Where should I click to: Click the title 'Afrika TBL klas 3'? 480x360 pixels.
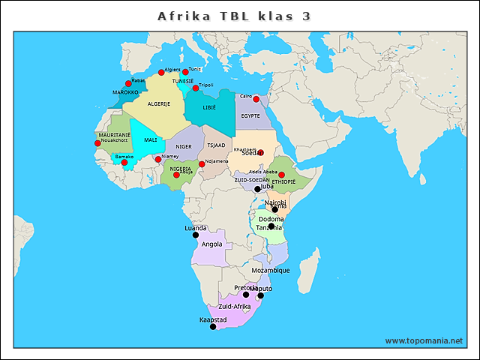pos(234,16)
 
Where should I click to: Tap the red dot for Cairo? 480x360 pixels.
pos(256,99)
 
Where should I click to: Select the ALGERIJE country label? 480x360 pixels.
pos(158,103)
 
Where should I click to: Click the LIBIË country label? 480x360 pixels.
pos(208,108)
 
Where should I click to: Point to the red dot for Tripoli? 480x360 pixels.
pos(196,88)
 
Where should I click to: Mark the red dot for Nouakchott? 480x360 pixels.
pos(97,143)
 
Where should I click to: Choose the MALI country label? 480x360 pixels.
pos(151,139)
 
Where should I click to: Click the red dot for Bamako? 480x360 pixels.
pos(124,162)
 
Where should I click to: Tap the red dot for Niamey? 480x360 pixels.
pos(157,159)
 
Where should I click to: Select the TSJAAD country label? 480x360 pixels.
pos(216,145)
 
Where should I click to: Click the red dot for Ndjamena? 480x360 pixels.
pos(202,163)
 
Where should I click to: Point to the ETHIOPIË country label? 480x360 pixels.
pos(283,181)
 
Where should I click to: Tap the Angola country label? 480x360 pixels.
pos(212,244)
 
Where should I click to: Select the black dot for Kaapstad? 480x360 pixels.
pos(213,326)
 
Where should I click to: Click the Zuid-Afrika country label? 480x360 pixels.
pos(235,307)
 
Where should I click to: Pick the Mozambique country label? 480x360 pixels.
pos(271,271)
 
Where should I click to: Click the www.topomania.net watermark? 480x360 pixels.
pos(424,340)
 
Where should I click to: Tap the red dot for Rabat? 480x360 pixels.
pos(128,84)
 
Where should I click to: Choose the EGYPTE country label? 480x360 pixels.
pos(250,115)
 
